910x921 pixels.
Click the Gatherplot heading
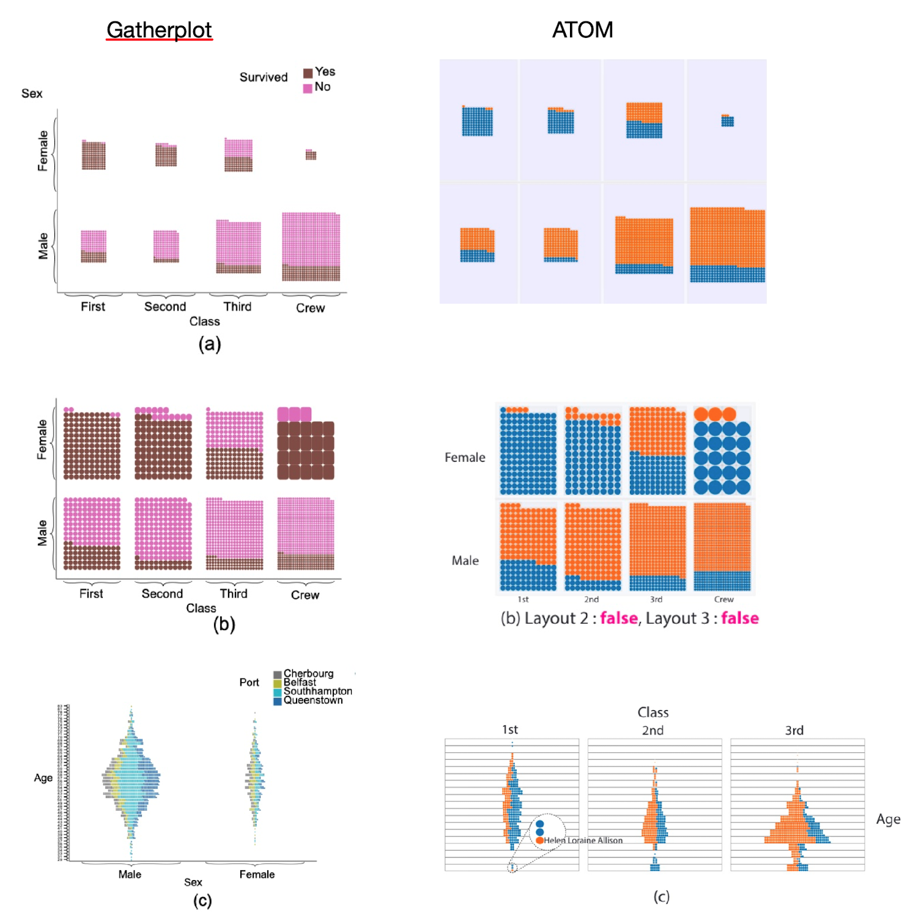tap(159, 29)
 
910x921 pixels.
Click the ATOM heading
tap(582, 29)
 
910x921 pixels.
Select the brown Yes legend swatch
tap(308, 73)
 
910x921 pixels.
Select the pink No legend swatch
tap(308, 88)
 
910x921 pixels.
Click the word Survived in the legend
tap(263, 77)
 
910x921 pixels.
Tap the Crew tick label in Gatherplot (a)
tap(310, 308)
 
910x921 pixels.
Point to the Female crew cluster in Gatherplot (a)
tap(311, 154)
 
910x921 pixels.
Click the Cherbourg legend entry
tap(308, 673)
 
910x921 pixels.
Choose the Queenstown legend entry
tap(313, 700)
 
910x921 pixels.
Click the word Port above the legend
tap(249, 682)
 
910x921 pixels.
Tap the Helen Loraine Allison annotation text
tap(583, 840)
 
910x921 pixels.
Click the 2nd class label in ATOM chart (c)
tap(653, 730)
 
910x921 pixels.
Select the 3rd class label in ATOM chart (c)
tap(794, 730)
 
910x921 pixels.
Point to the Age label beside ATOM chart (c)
tap(888, 819)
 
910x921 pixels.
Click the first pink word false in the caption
tap(618, 618)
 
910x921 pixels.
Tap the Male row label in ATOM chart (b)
tap(465, 560)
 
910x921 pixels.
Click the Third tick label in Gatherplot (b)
tap(234, 593)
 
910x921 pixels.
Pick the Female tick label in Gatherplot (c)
tap(257, 875)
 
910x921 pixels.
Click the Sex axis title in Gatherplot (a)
tap(32, 94)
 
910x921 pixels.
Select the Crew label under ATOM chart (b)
tap(723, 599)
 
